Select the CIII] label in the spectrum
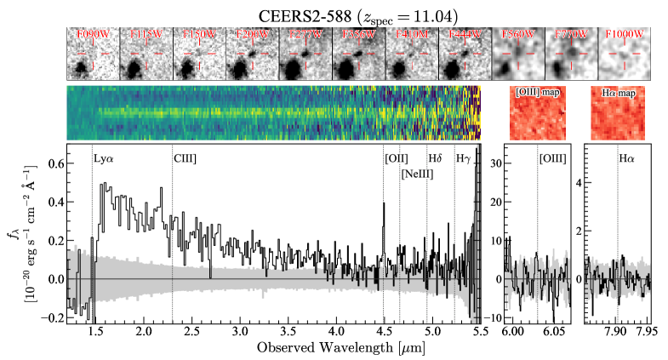click(186, 159)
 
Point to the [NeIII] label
click(419, 174)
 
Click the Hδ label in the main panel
click(436, 159)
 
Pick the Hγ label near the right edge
click(463, 159)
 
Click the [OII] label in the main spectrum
click(397, 159)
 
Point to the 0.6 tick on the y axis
click(54, 163)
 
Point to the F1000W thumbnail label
click(625, 34)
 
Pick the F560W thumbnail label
click(518, 34)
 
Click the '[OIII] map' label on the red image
click(536, 91)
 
